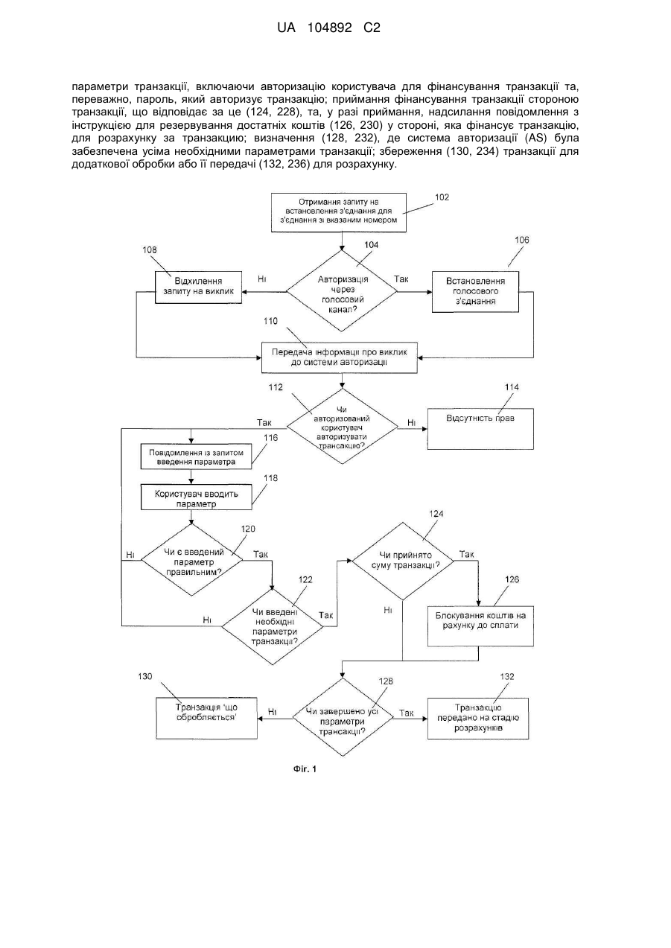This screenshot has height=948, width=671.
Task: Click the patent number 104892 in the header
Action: (x=329, y=28)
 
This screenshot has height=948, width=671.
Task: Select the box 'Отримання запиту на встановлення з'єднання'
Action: (x=339, y=212)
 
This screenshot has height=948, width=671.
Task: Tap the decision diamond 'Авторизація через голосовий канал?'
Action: (x=342, y=291)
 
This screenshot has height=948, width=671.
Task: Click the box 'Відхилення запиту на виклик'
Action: (x=198, y=287)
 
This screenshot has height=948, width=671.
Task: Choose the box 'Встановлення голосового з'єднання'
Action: (x=475, y=292)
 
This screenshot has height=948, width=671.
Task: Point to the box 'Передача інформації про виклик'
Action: (x=339, y=357)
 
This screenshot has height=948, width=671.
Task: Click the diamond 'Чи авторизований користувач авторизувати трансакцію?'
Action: (x=342, y=427)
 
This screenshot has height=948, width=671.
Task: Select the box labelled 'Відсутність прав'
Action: (x=480, y=429)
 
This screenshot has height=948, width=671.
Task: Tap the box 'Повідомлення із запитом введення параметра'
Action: (x=196, y=456)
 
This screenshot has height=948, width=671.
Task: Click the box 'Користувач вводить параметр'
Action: (x=196, y=497)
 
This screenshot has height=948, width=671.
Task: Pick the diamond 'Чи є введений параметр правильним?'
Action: (x=192, y=560)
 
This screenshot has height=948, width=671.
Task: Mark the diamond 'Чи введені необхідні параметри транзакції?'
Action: (x=273, y=626)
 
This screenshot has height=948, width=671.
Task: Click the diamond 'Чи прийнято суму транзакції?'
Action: (x=403, y=562)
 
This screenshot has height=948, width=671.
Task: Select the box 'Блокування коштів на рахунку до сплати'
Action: (x=480, y=626)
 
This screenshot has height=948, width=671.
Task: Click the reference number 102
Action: (x=442, y=197)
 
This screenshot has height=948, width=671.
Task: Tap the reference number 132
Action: (x=506, y=677)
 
